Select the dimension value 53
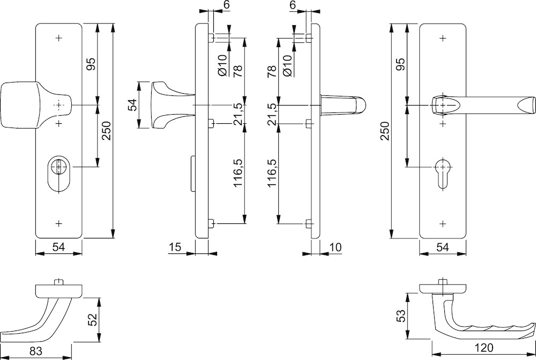click(401, 316)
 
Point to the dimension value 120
click(484, 348)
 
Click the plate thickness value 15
click(175, 247)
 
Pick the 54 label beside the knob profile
click(132, 104)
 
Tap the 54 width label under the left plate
click(59, 247)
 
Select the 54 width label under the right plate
click(443, 247)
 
